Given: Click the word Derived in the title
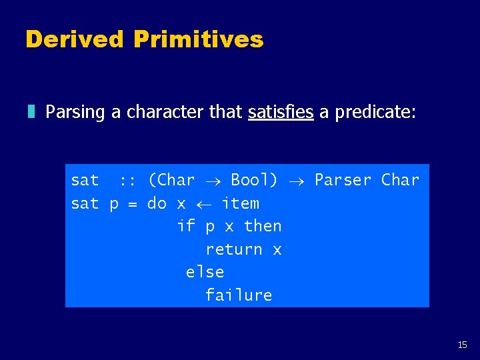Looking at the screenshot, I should pyautogui.click(x=75, y=39).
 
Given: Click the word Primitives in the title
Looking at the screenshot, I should pyautogui.click(x=198, y=39).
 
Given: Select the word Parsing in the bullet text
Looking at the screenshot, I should pyautogui.click(x=75, y=112).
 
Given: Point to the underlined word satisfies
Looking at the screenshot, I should pyautogui.click(x=280, y=112).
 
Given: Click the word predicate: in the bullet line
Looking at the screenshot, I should pyautogui.click(x=375, y=112).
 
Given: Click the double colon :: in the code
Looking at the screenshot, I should pyautogui.click(x=128, y=180).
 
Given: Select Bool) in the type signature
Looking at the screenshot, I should pyautogui.click(x=254, y=180).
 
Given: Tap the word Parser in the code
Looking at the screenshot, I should pyautogui.click(x=343, y=180).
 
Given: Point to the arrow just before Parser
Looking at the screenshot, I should pyautogui.click(x=297, y=181).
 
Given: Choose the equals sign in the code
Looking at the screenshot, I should pyautogui.click(x=133, y=204).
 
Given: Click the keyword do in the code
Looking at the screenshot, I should pyautogui.click(x=157, y=203).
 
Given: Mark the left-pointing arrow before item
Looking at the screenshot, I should pyautogui.click(x=204, y=204).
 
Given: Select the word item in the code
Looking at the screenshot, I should pyautogui.click(x=240, y=203).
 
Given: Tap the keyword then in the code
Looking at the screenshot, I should pyautogui.click(x=263, y=226).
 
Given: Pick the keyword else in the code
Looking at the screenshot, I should pyautogui.click(x=205, y=272).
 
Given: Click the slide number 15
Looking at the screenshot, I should pyautogui.click(x=463, y=345).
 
